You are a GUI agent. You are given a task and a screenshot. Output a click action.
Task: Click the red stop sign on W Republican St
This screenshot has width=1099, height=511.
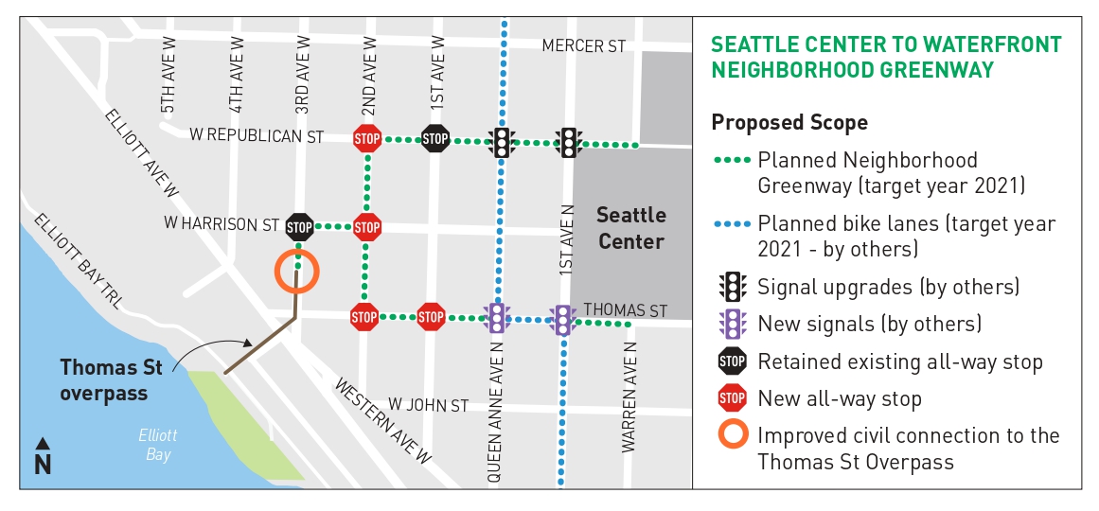click(366, 139)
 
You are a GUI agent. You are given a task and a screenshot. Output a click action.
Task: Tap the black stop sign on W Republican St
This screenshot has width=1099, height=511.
click(434, 139)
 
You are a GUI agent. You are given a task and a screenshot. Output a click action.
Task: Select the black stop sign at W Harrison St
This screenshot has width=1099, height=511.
click(299, 227)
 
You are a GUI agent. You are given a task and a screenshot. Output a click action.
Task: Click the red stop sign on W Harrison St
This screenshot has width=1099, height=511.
click(366, 227)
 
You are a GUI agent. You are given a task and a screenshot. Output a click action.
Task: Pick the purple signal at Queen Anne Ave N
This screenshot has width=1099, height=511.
click(496, 318)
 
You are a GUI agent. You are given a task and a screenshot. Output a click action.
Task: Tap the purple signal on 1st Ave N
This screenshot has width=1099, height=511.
click(563, 320)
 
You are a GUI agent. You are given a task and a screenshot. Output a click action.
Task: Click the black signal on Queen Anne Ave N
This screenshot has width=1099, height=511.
click(502, 142)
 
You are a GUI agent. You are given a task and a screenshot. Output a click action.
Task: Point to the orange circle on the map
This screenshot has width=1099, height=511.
click(297, 271)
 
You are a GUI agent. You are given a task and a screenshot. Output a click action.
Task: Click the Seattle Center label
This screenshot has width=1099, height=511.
click(630, 228)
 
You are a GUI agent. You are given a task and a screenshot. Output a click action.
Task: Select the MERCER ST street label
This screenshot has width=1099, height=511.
click(583, 46)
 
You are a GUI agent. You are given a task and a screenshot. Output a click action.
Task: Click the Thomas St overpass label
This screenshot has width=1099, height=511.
click(105, 379)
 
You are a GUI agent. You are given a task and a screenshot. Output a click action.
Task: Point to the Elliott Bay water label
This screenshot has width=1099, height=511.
click(158, 446)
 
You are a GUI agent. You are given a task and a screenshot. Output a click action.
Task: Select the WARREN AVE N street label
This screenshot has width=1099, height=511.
click(629, 398)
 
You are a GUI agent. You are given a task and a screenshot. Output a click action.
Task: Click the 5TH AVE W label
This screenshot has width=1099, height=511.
click(168, 76)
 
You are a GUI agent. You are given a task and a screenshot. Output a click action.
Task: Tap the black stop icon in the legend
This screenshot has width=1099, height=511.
click(732, 361)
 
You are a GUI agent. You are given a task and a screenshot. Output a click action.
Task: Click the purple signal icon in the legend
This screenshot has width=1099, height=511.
click(732, 324)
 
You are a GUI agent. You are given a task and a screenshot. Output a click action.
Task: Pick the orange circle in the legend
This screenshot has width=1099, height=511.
click(732, 436)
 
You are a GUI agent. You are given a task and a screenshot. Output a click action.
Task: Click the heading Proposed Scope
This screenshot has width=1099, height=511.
click(789, 123)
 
